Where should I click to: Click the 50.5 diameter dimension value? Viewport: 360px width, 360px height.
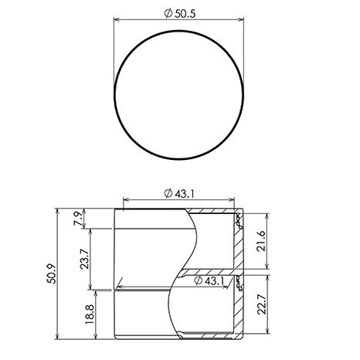[x=185, y=13]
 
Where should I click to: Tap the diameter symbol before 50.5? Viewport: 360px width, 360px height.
[x=168, y=13]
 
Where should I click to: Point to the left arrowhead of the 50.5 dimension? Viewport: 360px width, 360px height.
[x=117, y=19]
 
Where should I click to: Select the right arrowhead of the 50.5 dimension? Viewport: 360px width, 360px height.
[x=241, y=19]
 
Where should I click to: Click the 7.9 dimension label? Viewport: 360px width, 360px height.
[x=78, y=218]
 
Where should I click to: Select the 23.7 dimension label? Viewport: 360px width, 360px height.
[x=84, y=259]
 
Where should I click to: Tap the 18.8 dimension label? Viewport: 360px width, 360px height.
[x=90, y=314]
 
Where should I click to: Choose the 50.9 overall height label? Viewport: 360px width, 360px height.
[x=52, y=273]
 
